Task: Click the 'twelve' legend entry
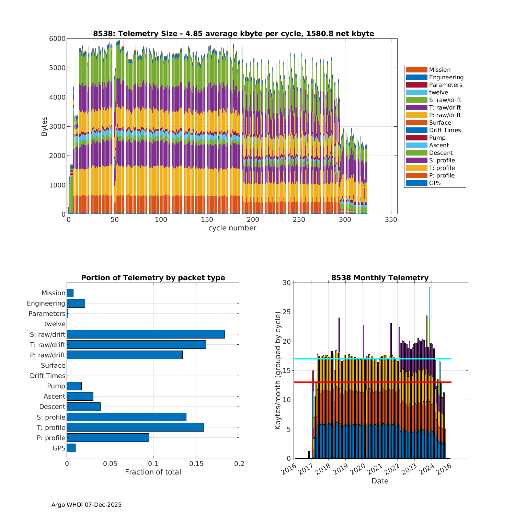(x=438, y=92)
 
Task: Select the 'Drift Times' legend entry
(x=445, y=130)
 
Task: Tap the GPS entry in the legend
(x=435, y=183)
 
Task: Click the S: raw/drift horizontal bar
(x=146, y=334)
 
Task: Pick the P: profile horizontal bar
(x=108, y=437)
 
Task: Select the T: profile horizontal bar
(x=135, y=427)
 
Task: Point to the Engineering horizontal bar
(x=76, y=303)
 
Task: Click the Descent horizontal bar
(x=83, y=407)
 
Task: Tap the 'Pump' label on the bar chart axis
(x=56, y=386)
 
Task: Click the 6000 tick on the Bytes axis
(x=57, y=38)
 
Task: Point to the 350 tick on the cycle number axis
(x=391, y=220)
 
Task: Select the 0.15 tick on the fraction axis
(x=196, y=463)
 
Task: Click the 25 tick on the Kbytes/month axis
(x=286, y=312)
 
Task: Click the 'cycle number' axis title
(x=232, y=228)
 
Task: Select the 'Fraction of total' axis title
(x=153, y=472)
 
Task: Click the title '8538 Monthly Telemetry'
(x=380, y=278)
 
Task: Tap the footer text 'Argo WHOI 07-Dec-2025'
(x=87, y=505)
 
